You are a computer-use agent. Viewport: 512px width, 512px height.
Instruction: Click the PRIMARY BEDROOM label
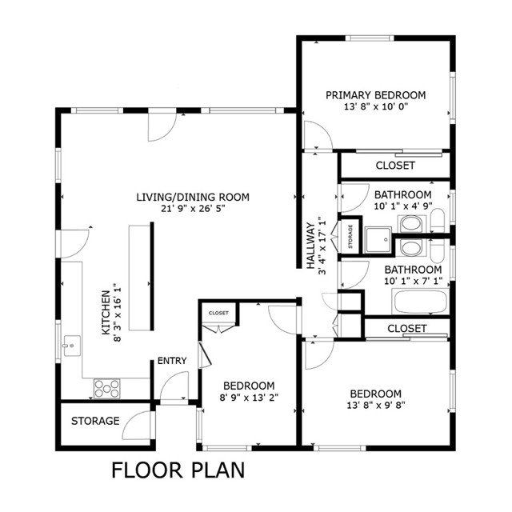tap(375, 95)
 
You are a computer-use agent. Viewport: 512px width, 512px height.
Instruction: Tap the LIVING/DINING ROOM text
tap(193, 197)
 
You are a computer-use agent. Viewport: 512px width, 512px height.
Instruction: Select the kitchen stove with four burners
tap(106, 389)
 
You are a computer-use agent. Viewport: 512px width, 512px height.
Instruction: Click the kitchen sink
tap(71, 346)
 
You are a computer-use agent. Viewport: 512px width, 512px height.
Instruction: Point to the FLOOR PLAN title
tap(178, 470)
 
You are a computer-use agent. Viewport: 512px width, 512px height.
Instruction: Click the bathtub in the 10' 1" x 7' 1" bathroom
tap(421, 302)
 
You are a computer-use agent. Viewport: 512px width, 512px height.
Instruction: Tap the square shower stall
tap(378, 240)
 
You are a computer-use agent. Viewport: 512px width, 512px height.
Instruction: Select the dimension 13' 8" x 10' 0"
tap(376, 106)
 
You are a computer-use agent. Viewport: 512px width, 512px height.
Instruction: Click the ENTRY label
tap(172, 361)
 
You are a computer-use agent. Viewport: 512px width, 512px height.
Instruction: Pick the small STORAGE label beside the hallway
tap(350, 237)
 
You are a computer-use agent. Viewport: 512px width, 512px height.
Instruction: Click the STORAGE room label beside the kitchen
tap(95, 421)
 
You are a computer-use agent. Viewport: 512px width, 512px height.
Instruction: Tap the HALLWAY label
tap(310, 246)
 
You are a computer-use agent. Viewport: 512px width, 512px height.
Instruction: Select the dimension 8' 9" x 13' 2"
tap(249, 398)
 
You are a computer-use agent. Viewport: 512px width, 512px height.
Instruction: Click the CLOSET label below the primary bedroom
tap(395, 166)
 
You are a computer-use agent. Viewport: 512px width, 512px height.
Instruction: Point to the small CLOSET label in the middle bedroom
tap(218, 313)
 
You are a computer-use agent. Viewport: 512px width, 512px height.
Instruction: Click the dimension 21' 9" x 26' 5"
tap(193, 208)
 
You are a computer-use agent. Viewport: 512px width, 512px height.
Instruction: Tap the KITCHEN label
tap(106, 313)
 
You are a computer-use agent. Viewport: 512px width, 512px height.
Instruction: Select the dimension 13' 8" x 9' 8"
tap(376, 405)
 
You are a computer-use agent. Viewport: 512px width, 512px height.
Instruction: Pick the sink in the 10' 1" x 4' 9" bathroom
tap(411, 224)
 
